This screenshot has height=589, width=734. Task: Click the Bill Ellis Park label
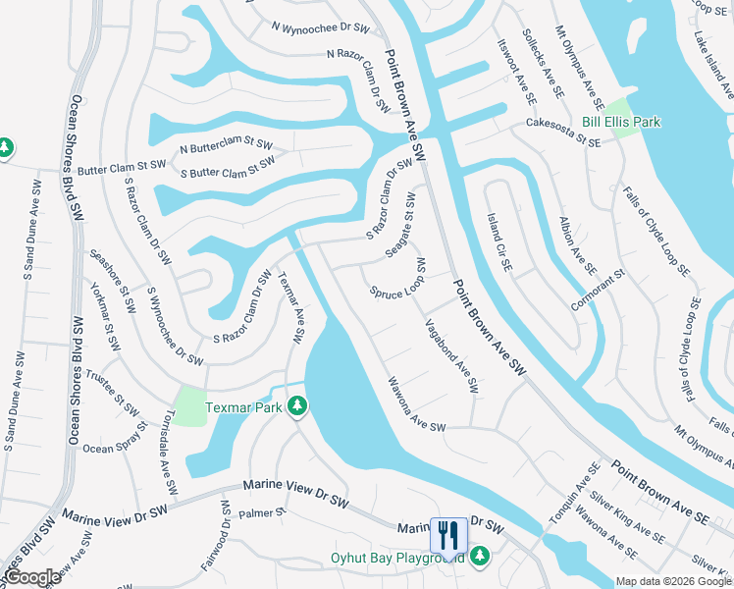point(620,122)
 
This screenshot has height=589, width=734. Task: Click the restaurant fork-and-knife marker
point(448,535)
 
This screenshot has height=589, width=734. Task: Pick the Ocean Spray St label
point(112,449)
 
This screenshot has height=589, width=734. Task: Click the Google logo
point(32,577)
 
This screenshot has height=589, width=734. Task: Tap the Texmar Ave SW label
point(292,307)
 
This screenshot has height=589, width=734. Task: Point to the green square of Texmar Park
point(189,405)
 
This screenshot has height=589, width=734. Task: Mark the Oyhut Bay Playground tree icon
point(480,557)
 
